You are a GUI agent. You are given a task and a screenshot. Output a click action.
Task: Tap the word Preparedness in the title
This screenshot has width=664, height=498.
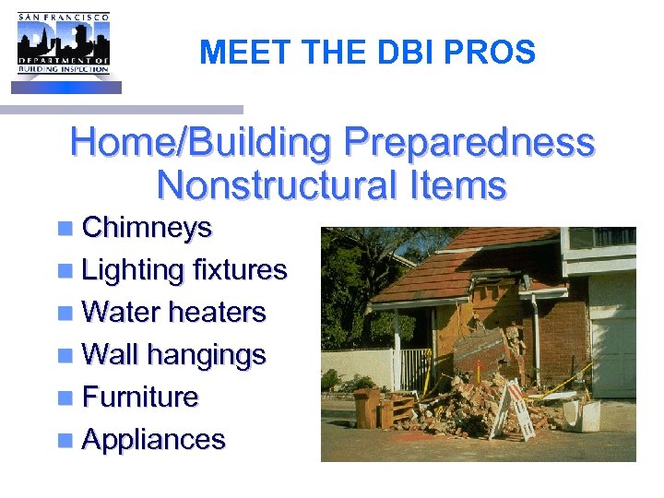pyautogui.click(x=468, y=143)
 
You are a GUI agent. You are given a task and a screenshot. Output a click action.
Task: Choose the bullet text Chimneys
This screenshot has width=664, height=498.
pyautogui.click(x=147, y=227)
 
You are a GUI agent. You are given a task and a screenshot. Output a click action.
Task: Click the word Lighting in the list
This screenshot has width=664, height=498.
pyautogui.click(x=133, y=269)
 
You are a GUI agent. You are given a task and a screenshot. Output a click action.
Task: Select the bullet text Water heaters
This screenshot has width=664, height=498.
pyautogui.click(x=173, y=312)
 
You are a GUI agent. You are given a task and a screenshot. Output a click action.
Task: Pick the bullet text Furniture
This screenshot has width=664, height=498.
pyautogui.click(x=140, y=397)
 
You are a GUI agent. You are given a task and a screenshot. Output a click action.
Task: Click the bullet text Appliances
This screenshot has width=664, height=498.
pyautogui.click(x=153, y=439)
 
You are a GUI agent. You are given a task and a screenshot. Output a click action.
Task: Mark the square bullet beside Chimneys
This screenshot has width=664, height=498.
pyautogui.click(x=64, y=229)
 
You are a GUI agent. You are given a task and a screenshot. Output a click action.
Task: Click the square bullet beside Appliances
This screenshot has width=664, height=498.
pyautogui.click(x=64, y=441)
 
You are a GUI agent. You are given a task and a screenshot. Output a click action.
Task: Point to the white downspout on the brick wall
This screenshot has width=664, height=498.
pyautogui.click(x=536, y=332)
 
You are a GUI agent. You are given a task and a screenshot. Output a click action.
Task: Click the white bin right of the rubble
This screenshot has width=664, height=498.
pyautogui.click(x=583, y=414)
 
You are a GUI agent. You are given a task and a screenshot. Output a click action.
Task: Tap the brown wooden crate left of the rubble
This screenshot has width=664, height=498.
pyautogui.click(x=366, y=407)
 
